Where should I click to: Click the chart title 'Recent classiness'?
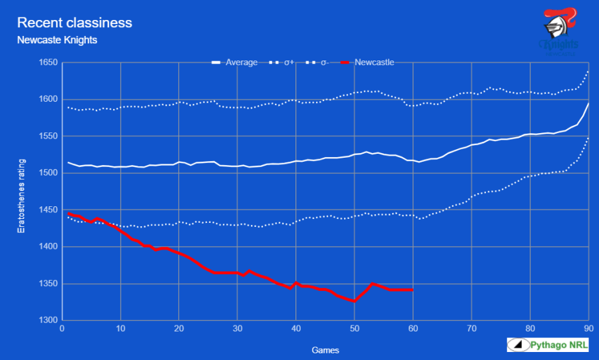click(75, 23)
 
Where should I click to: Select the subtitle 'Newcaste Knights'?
click(57, 40)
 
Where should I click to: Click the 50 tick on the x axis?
click(355, 329)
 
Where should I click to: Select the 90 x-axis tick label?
click(588, 329)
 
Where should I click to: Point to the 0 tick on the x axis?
click(62, 329)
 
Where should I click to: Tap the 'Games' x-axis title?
click(325, 349)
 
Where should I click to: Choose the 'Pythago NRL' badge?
click(548, 345)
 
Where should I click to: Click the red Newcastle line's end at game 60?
click(413, 289)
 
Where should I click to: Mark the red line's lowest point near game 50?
click(355, 301)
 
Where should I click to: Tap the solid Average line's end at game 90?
click(588, 104)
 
